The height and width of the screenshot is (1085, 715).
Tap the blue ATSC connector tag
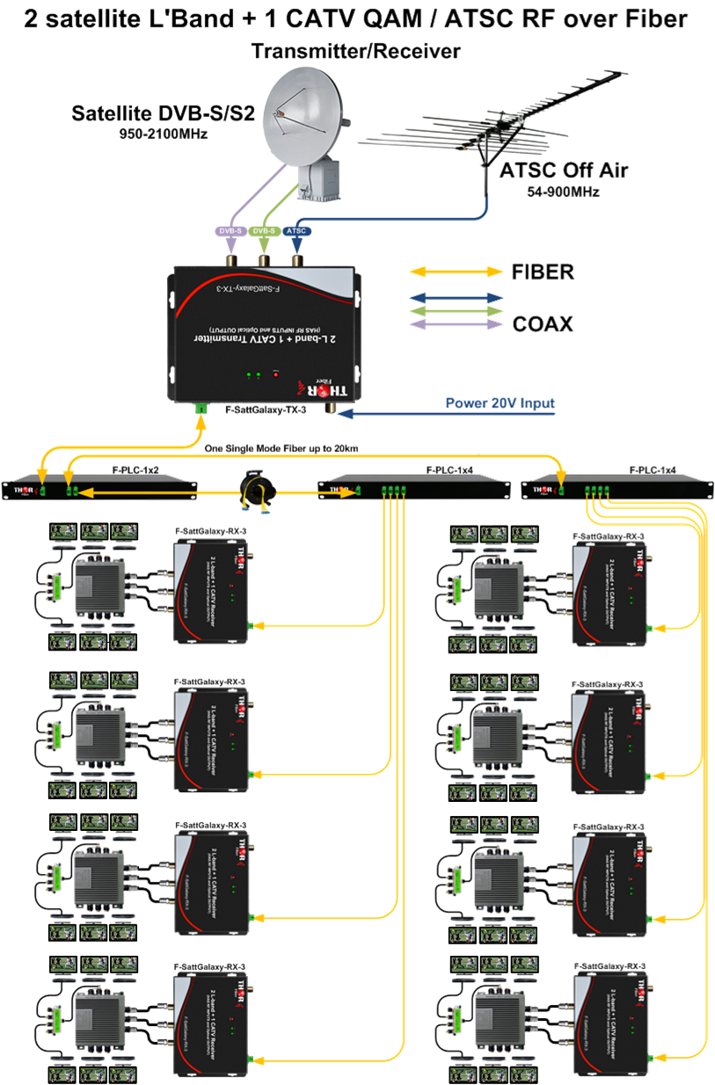[297, 231]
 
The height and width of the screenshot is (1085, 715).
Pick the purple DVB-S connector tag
[230, 231]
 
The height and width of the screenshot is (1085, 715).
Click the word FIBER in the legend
[543, 273]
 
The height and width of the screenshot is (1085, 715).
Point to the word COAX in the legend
[543, 324]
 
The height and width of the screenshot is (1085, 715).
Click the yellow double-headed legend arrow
[454, 273]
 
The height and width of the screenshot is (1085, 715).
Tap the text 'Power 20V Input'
[500, 404]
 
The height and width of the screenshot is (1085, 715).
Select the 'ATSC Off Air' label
[564, 171]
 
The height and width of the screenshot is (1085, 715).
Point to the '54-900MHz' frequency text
[565, 191]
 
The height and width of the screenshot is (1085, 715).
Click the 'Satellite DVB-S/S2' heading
[164, 113]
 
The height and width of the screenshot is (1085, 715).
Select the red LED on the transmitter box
[275, 375]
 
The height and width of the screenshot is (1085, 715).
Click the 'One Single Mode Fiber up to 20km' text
[280, 448]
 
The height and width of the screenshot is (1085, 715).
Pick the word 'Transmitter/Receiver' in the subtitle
[355, 52]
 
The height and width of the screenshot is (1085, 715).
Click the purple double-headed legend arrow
[454, 324]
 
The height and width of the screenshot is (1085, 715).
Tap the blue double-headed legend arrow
[454, 297]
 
